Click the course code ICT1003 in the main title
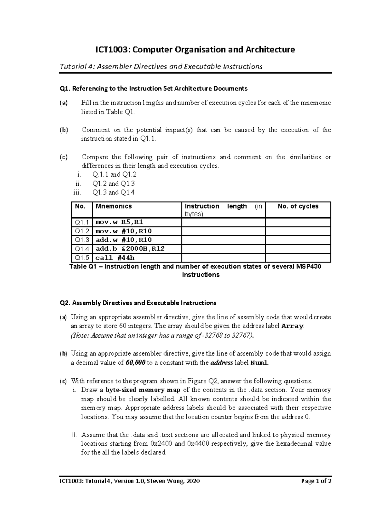click(111, 50)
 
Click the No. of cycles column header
click(298, 206)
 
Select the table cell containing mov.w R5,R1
click(119, 222)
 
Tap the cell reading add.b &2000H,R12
click(130, 249)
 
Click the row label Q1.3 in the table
click(82, 240)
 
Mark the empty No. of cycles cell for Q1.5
click(298, 258)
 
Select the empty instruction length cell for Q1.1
click(223, 222)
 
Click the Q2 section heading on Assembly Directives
click(138, 303)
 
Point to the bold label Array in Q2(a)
click(292, 326)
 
